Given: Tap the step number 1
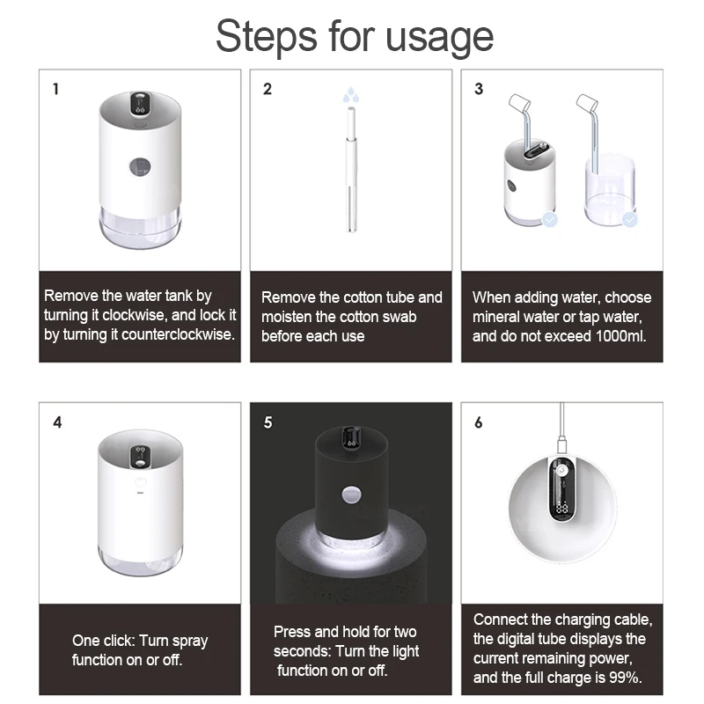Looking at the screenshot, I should click(x=56, y=89).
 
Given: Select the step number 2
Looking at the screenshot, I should click(x=268, y=89).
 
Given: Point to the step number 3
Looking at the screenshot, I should click(x=479, y=89).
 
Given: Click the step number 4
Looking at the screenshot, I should click(x=57, y=422).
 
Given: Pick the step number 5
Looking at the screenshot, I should click(x=268, y=422).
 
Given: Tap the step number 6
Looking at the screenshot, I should click(x=479, y=422).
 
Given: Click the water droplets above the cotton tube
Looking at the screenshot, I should click(x=350, y=92).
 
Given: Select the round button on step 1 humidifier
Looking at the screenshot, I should click(x=139, y=165).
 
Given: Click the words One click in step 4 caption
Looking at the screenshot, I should click(x=102, y=641).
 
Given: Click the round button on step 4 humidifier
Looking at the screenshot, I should click(x=139, y=484).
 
